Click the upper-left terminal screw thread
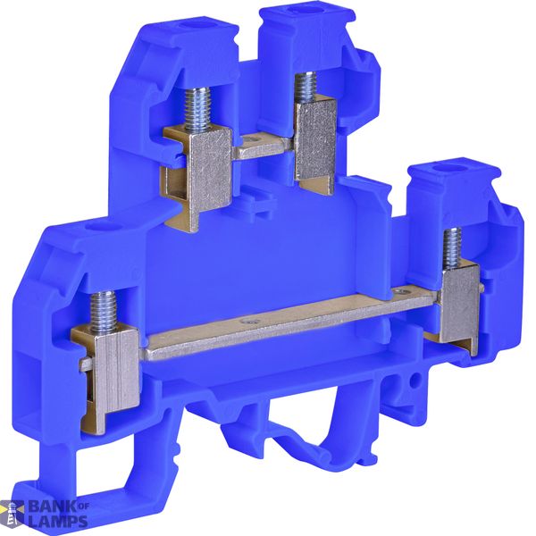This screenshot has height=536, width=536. click(198, 110)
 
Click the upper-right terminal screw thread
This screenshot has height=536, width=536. click(306, 88)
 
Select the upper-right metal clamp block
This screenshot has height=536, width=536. click(315, 144)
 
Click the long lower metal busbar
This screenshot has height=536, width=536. click(290, 324)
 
